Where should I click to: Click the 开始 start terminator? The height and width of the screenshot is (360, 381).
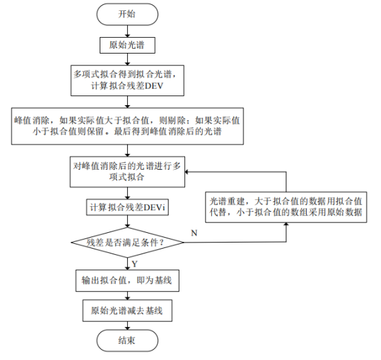tap(127, 14)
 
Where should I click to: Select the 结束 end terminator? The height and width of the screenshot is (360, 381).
tap(127, 340)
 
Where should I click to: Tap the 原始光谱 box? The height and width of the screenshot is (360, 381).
tap(127, 45)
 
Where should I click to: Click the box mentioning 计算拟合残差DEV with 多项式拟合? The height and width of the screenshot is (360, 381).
tap(127, 80)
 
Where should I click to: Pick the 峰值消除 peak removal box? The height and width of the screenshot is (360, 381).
tap(127, 126)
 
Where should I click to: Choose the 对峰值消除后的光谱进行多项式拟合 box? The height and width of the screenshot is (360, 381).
tap(127, 172)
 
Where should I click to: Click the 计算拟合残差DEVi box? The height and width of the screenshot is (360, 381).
tap(127, 207)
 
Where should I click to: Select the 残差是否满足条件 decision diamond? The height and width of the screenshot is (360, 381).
tap(127, 243)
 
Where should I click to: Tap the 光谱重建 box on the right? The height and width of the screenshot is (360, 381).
tap(286, 207)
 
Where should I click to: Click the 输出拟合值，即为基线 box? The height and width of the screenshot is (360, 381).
tap(127, 280)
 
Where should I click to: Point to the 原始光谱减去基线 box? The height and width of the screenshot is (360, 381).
tap(127, 311)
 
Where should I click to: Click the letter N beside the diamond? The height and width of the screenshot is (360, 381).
tap(194, 233)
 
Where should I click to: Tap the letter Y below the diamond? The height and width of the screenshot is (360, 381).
tap(135, 264)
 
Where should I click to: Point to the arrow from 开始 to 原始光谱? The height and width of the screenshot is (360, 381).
tap(127, 32)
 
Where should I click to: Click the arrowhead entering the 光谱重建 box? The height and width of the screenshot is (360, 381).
tap(286, 225)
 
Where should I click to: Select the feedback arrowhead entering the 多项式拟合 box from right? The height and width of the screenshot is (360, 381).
tap(187, 172)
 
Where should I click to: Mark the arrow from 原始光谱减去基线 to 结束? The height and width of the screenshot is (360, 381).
tap(127, 326)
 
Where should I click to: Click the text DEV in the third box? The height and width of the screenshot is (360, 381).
tap(153, 86)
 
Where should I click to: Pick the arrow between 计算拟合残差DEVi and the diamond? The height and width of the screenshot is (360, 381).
tap(127, 221)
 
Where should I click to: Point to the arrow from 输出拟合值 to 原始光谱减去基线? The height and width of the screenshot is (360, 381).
tap(127, 295)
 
